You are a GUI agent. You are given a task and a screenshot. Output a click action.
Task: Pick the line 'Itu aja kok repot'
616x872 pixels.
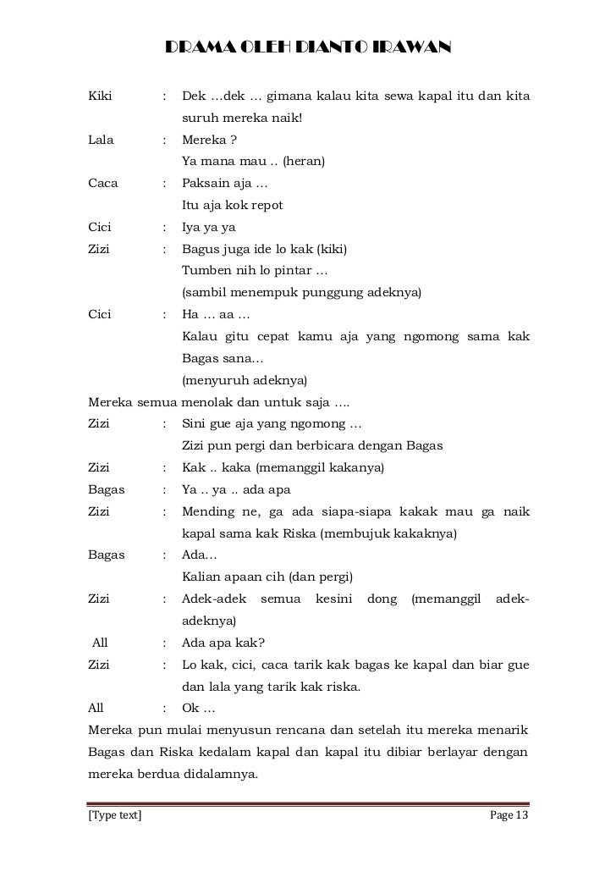click(x=232, y=206)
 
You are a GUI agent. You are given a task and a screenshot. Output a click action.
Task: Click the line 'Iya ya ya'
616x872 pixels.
click(x=209, y=228)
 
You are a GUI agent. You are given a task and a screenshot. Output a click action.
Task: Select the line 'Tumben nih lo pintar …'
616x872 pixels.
click(x=255, y=272)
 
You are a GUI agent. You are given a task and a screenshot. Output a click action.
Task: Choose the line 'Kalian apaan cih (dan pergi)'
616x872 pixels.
click(x=267, y=578)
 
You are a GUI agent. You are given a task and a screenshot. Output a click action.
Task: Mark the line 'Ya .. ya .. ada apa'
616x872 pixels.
click(x=242, y=490)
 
